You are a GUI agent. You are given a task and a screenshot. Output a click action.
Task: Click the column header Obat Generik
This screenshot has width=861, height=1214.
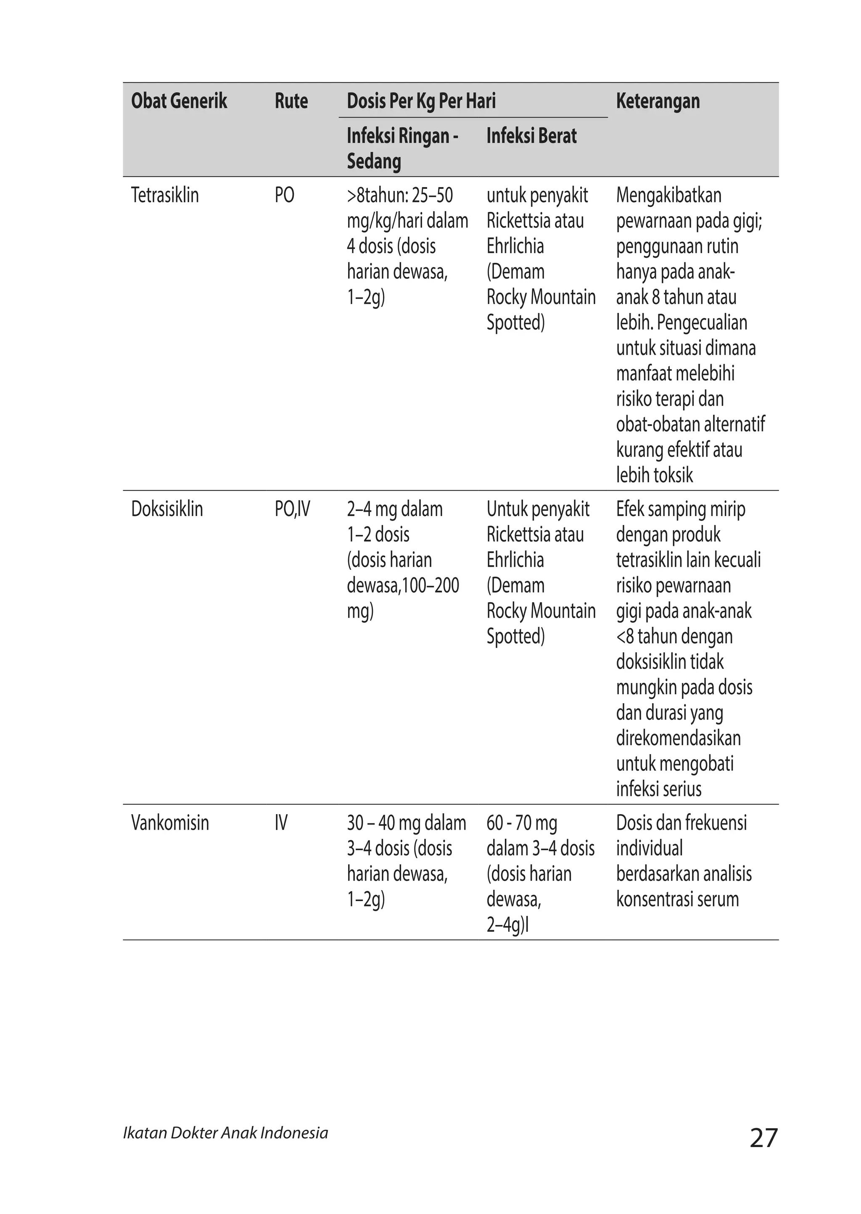coord(179,101)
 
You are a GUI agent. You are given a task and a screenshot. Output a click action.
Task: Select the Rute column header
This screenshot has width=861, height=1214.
coord(291,101)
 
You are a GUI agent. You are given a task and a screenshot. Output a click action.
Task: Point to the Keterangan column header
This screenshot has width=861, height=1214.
coord(658,101)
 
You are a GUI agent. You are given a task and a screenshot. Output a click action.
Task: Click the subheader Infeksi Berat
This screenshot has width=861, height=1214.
coord(531,136)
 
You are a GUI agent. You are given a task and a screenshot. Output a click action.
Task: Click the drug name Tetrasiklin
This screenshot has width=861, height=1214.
coord(165,195)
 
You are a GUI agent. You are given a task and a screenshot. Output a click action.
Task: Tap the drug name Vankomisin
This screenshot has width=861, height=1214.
coord(170,823)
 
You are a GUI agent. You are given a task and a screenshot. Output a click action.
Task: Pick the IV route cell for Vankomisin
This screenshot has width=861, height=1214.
coord(281,823)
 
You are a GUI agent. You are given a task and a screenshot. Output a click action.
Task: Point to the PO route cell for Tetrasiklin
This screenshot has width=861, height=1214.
coord(284,195)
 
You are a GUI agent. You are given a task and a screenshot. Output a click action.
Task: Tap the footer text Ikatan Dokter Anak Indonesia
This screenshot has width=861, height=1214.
coord(225,1133)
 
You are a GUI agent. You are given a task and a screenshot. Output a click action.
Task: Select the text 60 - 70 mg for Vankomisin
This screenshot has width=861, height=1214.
coord(522,823)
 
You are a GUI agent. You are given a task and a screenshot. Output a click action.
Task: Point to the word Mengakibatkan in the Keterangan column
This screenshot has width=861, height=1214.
coord(668,195)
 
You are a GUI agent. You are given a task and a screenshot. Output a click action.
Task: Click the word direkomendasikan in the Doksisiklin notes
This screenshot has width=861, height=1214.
coord(678,738)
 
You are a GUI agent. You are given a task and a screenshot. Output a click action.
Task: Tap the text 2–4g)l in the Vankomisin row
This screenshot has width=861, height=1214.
coord(507,925)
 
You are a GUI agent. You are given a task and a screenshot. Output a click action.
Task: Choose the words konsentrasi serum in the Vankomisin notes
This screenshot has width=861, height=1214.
coord(677,899)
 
